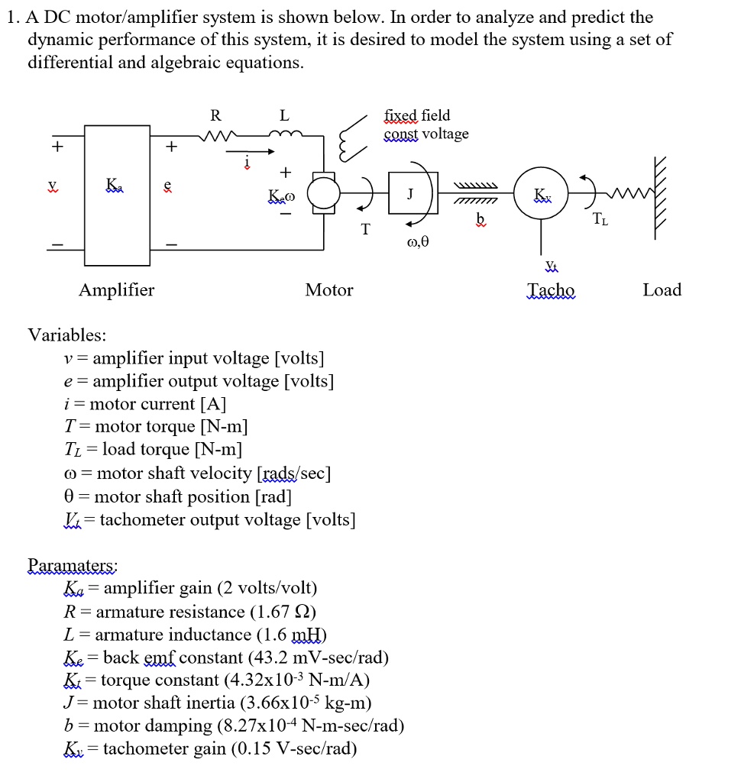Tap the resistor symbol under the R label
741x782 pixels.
(x=215, y=138)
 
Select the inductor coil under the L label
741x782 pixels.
(x=285, y=137)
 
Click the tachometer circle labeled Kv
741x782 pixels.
(x=540, y=193)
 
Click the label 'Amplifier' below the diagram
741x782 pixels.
(x=116, y=290)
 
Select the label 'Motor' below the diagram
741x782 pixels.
(x=329, y=290)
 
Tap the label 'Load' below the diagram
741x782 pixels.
(x=662, y=290)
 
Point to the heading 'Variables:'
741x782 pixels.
(x=67, y=335)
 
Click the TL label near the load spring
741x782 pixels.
(x=602, y=220)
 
